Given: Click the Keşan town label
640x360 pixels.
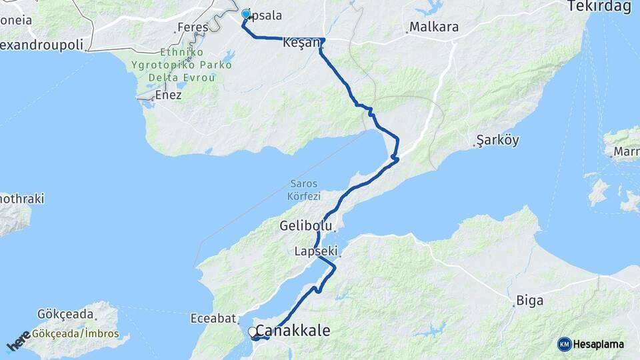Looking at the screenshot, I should click(x=297, y=42).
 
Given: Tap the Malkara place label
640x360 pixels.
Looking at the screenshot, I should click(x=434, y=27).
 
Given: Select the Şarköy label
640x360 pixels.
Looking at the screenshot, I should click(x=497, y=141).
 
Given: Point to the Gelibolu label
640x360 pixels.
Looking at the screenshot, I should click(x=306, y=227).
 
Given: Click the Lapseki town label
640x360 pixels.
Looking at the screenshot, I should click(x=316, y=251).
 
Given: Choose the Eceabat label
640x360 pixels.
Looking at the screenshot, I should click(x=210, y=317).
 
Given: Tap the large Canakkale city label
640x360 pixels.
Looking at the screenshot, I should click(x=293, y=331).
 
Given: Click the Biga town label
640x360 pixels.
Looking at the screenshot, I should click(x=526, y=301).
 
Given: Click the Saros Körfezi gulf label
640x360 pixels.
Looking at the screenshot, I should click(x=305, y=190).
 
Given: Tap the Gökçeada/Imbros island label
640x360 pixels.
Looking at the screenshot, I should click(x=75, y=334).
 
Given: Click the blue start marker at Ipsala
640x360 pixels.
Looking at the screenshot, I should click(x=245, y=14).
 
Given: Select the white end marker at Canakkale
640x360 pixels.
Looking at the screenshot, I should click(x=253, y=331).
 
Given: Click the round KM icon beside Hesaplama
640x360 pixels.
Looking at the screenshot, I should click(x=564, y=344).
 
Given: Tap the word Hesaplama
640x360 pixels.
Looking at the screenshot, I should click(x=599, y=345).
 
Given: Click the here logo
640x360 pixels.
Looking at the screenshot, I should click(x=17, y=342).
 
